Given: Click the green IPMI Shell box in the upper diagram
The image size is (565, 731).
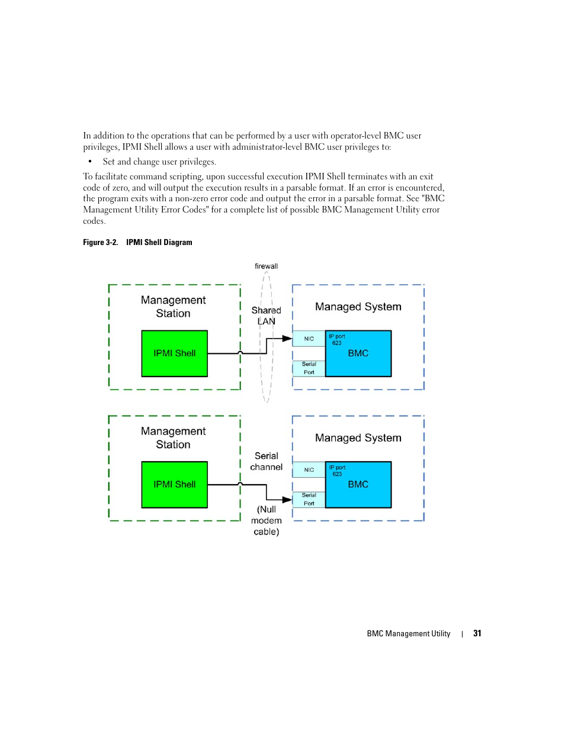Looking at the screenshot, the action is coord(174,353).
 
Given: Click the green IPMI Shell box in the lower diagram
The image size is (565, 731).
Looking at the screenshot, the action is coord(174,484).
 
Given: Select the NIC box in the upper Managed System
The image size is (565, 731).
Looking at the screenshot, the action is coord(309,339).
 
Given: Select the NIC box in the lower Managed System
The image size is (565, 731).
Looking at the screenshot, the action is coord(309,469).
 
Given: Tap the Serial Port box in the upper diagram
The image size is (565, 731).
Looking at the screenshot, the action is coord(309,368).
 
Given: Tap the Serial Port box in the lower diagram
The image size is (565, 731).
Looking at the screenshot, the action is coord(309,500).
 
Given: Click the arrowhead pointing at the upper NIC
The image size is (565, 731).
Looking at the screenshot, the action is coord(287,339).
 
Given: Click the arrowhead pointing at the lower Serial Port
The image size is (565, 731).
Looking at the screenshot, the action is coord(287,500).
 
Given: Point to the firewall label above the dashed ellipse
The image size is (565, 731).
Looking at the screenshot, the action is coord(266,266).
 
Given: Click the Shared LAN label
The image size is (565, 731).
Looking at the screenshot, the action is coord(266,315).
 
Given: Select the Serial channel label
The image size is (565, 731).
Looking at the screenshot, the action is coord(266,461).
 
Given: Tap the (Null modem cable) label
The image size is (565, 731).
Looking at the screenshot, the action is coord(266,520).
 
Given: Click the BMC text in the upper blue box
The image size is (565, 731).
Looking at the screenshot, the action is coord(358,353).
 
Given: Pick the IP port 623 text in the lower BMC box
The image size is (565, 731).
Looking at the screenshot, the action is coord(337,471).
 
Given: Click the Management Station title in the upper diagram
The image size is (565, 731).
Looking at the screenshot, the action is coord(173,307).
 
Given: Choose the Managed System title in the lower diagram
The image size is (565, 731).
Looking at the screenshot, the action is coord(358,437).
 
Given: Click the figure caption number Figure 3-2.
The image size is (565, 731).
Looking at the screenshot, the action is coord(100,242).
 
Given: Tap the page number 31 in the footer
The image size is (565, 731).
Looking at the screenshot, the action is coord(477,633).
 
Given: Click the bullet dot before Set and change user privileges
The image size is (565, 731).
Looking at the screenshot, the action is coord(90,162).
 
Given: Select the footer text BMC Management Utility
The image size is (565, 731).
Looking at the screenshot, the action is coord(409,633).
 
